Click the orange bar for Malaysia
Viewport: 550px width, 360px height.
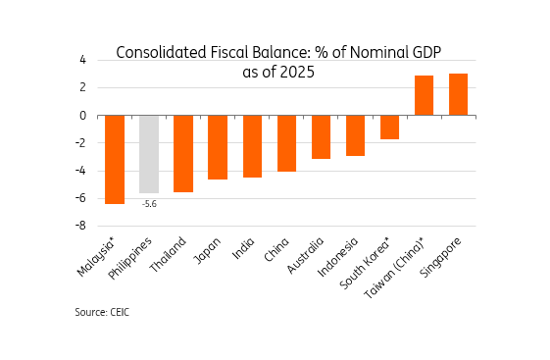coord(115,159)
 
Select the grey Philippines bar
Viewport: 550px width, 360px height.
coord(149,154)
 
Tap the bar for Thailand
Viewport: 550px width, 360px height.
coord(183,153)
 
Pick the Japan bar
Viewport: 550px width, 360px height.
coord(218,147)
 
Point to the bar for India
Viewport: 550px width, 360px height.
coord(253,146)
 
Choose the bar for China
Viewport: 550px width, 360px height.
coord(287,143)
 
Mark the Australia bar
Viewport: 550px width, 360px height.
coord(322,137)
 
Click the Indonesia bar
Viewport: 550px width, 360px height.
coord(356,135)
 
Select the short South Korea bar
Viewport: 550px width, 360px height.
coord(389,127)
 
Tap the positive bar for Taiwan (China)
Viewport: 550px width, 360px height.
coord(425,95)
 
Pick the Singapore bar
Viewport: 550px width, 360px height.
coord(459,94)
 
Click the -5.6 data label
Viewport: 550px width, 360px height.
coord(149,204)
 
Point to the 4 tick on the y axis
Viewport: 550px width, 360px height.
coord(82,60)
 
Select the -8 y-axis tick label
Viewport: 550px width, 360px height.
coord(80,226)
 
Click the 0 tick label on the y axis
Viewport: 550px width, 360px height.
coord(82,116)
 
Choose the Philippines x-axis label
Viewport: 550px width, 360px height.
coord(129,258)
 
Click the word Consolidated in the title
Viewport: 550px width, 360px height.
coord(162,53)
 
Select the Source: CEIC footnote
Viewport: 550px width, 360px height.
coord(102,312)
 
